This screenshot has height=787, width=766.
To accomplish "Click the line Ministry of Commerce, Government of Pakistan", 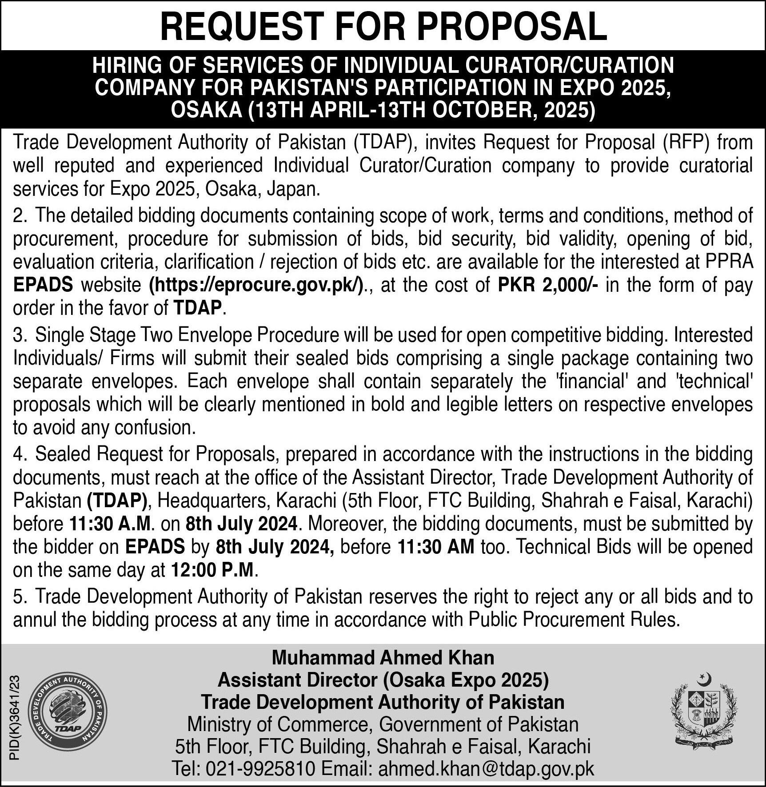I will [383, 724].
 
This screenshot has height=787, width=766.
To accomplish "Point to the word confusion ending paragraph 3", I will [154, 428].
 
